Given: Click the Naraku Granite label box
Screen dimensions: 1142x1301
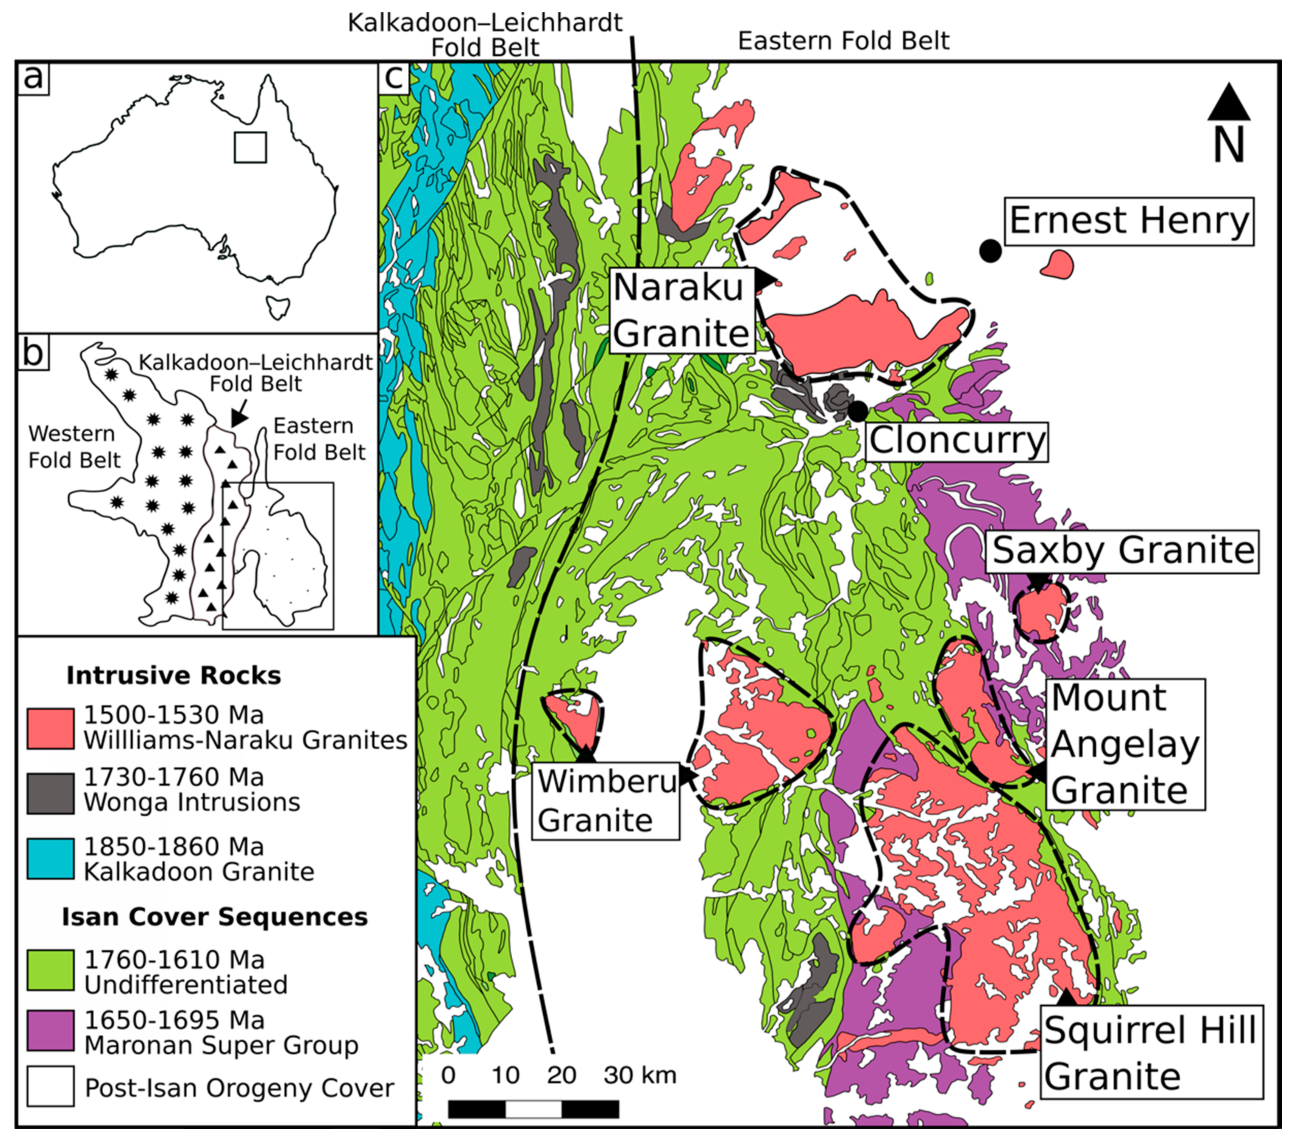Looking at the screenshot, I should pyautogui.click(x=682, y=310).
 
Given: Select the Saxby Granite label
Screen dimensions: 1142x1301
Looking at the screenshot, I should pyautogui.click(x=1123, y=551).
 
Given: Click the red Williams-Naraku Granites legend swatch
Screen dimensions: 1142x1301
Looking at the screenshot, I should pyautogui.click(x=50, y=728).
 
